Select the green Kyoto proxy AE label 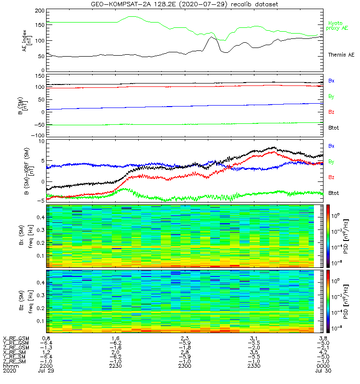(x=338, y=25)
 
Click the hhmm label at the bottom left (x=9, y=366)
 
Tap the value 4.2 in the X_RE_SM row (x=323, y=352)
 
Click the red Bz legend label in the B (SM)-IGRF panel (x=331, y=178)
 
